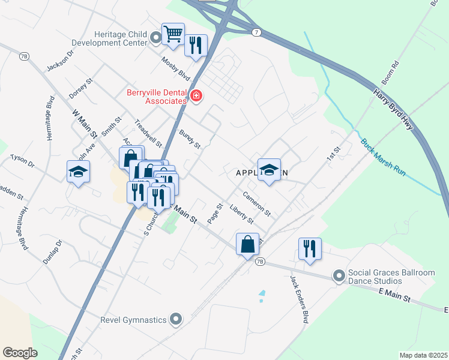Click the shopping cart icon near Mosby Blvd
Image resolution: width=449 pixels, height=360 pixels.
pos(173,34)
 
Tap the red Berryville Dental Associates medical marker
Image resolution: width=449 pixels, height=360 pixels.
pos(195,96)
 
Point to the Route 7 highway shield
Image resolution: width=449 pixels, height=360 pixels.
pos(256,32)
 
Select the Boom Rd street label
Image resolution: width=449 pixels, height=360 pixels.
pos(390,72)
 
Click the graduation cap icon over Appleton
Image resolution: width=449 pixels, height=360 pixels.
pos(270,169)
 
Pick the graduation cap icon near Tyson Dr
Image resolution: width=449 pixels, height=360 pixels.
pos(78,172)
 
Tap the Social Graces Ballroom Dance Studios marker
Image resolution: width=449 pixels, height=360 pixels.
pos(339,276)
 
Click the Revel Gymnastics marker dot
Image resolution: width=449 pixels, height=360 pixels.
pos(176,319)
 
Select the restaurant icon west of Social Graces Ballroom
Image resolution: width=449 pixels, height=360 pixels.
pos(310,248)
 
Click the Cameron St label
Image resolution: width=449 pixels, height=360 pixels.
pos(257,203)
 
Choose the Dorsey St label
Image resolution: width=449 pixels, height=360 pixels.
pos(82,88)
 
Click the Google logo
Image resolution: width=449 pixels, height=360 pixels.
pos(20,353)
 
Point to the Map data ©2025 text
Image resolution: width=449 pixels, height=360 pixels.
pos(423,355)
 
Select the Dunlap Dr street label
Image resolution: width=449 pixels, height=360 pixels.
pos(53,252)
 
